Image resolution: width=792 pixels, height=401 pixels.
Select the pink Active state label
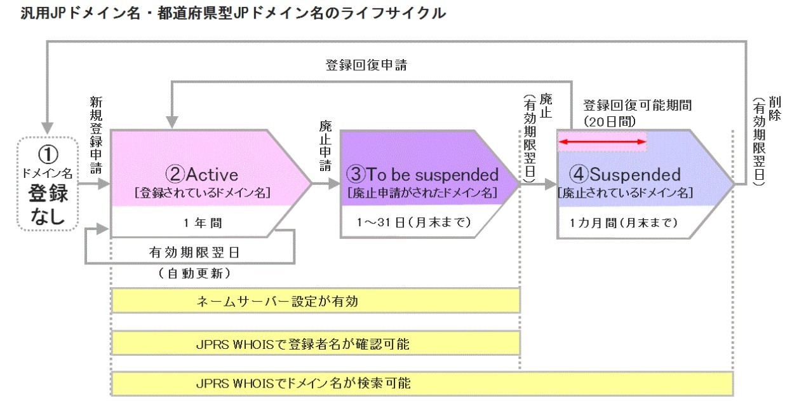[x=202, y=174]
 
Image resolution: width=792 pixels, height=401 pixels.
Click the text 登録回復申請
[x=365, y=65]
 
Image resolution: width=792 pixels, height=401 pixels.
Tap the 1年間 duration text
[x=201, y=222]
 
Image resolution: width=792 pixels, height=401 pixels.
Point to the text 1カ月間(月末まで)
[x=623, y=222]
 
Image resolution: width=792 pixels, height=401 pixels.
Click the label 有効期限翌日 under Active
[x=190, y=252]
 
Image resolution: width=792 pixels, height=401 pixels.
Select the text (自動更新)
[x=190, y=275]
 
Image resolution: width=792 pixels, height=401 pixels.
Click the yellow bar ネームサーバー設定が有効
[x=316, y=301]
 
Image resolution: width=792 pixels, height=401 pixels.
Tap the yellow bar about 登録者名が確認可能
[x=316, y=344]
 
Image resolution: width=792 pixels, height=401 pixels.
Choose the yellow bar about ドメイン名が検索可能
[x=422, y=384]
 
